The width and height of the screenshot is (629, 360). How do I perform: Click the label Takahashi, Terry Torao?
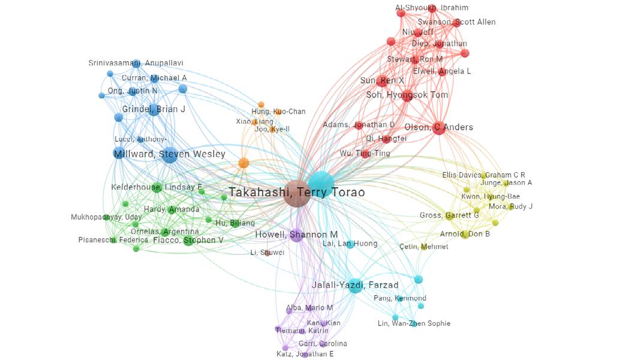click(x=296, y=193)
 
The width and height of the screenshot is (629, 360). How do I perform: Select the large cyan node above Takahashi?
click(x=321, y=182)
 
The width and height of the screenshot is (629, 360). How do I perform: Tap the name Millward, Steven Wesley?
click(x=169, y=155)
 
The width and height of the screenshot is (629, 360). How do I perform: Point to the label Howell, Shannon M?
click(x=296, y=235)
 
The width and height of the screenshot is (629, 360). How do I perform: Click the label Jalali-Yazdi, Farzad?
click(x=355, y=285)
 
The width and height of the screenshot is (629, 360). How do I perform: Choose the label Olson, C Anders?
click(x=439, y=127)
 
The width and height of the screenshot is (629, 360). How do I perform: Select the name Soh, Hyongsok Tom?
click(x=407, y=95)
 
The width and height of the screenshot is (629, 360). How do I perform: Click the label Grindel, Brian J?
click(x=154, y=109)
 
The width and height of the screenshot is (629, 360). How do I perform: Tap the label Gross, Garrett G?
click(x=449, y=215)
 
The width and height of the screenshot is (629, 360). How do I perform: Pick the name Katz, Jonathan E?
click(x=305, y=354)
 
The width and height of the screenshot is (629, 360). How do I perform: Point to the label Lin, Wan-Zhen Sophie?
click(x=414, y=323)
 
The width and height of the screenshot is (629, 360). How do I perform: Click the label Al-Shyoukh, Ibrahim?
click(x=432, y=8)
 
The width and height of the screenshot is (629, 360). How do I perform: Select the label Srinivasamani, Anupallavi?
click(x=136, y=63)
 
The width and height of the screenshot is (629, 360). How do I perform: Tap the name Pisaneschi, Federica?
click(x=113, y=240)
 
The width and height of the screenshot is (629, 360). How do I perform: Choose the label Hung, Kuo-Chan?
click(x=278, y=112)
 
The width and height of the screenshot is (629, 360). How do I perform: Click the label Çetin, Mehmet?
click(x=423, y=247)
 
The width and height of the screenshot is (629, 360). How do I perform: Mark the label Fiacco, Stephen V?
click(x=188, y=240)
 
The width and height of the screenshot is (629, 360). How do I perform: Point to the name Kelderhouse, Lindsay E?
click(x=157, y=187)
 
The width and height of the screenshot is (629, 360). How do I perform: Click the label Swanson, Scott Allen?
click(x=456, y=22)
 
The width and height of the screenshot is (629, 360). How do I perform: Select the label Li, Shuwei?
click(x=267, y=253)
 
